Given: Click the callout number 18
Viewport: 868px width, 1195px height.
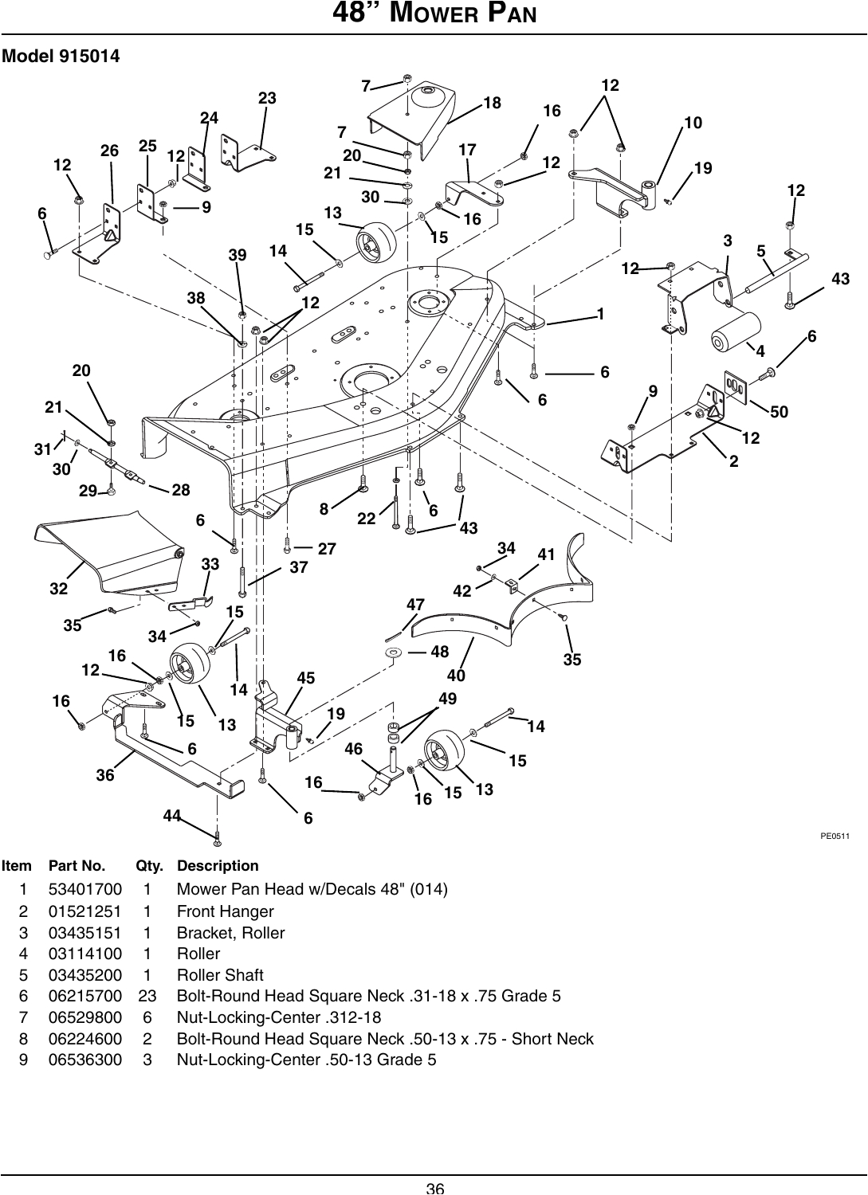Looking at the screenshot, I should pos(493,102).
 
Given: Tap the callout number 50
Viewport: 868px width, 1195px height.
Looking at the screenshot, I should pos(779,412).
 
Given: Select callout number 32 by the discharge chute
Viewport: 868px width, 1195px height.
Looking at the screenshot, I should pos(58,590).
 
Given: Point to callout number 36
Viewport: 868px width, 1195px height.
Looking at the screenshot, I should pos(105,774).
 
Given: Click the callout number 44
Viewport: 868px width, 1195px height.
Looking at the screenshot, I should pos(171,815).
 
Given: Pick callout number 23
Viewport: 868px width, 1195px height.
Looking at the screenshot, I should pos(267,98).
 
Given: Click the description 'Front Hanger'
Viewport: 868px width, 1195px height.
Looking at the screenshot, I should pos(225,911).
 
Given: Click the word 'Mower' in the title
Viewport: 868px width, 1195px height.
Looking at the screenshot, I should pos(416,15).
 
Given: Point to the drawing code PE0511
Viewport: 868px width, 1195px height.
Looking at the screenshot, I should pos(835,836).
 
